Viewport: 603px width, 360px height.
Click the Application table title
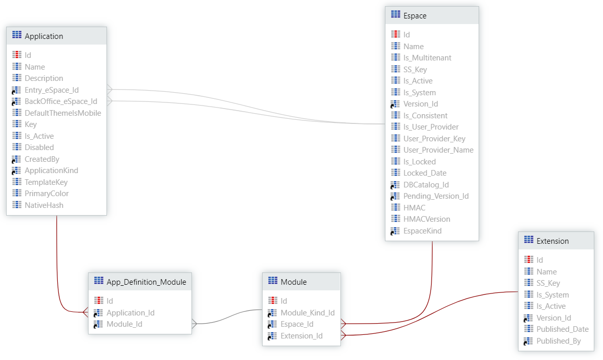pos(44,36)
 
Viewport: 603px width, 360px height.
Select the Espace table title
pos(415,15)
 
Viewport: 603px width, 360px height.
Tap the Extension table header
pos(552,241)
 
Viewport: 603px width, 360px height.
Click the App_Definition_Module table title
pos(146,282)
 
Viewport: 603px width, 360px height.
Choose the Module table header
pos(294,282)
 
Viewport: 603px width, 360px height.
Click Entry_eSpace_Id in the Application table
pos(52,90)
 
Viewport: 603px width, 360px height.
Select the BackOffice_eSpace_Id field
pos(60,101)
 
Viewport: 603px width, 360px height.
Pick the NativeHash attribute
pos(44,205)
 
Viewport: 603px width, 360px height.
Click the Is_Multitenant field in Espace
pos(427,58)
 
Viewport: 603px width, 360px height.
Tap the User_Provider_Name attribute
pos(438,150)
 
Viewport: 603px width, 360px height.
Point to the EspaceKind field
pos(422,231)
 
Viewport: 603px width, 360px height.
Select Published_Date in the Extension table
pos(562,329)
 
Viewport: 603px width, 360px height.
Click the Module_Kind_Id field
pos(307,313)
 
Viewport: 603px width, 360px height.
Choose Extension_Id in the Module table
pos(301,336)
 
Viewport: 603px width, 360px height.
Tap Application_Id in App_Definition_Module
pos(130,313)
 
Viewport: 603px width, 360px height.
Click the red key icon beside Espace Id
pos(396,34)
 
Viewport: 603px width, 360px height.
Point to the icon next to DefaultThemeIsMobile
pos(17,113)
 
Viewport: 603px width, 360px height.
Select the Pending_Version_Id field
pos(436,196)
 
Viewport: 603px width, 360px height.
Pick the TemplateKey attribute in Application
pos(46,182)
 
